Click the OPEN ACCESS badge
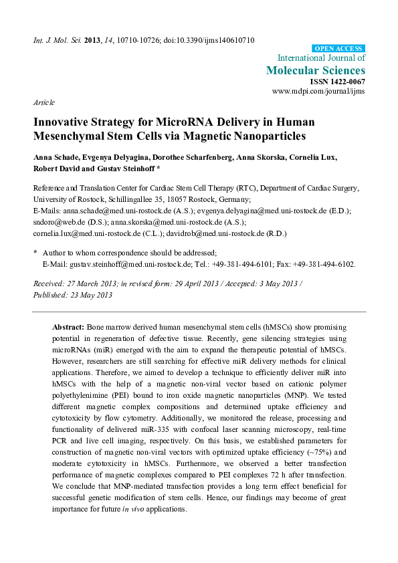(338, 48)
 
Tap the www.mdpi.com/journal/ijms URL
(318, 90)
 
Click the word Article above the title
(43, 102)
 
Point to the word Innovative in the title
(60, 123)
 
